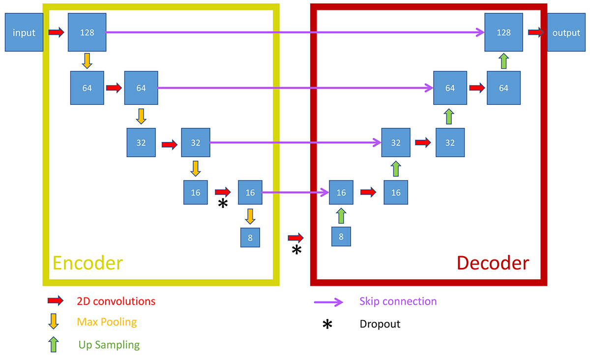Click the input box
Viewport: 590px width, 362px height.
click(x=24, y=33)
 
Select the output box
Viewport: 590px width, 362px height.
click(x=566, y=33)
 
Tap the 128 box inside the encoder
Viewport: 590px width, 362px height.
click(x=87, y=33)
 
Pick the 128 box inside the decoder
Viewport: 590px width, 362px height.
click(x=503, y=33)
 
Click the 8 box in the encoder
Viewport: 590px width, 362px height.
click(x=250, y=238)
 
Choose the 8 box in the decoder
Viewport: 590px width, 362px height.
click(x=341, y=237)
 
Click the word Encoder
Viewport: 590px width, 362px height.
click(x=88, y=263)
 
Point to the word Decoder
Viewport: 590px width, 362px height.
click(x=493, y=263)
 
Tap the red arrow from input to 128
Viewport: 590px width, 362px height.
click(x=56, y=33)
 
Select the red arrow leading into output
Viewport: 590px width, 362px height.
click(x=536, y=33)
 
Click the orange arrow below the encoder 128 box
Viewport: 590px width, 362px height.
click(x=87, y=61)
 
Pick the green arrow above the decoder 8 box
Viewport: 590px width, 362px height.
click(x=341, y=216)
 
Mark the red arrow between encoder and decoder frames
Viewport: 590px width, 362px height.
click(x=296, y=238)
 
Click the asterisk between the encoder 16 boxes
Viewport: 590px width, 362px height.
click(x=223, y=203)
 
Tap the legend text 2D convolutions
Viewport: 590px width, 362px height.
click(x=116, y=301)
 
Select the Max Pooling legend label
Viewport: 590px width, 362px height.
click(x=107, y=322)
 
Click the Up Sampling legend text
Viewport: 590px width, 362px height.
click(x=109, y=345)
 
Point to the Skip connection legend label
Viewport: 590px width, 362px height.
click(x=398, y=301)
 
